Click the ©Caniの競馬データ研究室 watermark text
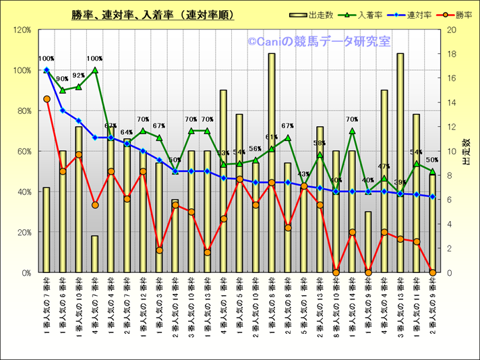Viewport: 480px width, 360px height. click(318, 42)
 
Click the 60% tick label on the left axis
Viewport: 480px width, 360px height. click(24, 152)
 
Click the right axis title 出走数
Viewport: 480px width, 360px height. click(466, 152)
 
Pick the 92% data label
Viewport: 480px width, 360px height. click(78, 76)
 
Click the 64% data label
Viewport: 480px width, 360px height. click(127, 133)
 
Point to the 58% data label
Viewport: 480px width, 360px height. click(320, 143)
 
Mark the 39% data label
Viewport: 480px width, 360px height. click(400, 182)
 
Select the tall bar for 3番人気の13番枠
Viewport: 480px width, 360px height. click(400, 162)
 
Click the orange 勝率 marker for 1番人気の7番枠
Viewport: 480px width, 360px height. click(47, 99)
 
